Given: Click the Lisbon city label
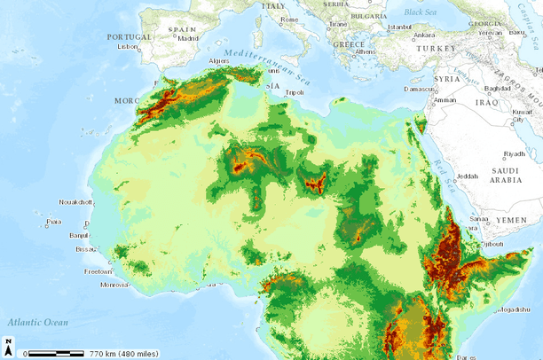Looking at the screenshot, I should pyautogui.click(x=130, y=46).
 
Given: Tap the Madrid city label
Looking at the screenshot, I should pyautogui.click(x=187, y=39).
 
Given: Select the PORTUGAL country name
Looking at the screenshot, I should pyautogui.click(x=130, y=36).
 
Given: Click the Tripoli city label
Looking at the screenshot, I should pyautogui.click(x=295, y=92).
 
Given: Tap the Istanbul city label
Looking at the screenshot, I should pyautogui.click(x=401, y=27).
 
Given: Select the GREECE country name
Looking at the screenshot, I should pyautogui.click(x=349, y=43).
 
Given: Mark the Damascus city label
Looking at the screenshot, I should pyautogui.click(x=418, y=89).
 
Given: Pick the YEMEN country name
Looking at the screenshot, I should pyautogui.click(x=511, y=218).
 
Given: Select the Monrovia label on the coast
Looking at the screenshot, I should pyautogui.click(x=114, y=285).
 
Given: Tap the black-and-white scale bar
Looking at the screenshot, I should pyautogui.click(x=55, y=352).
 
